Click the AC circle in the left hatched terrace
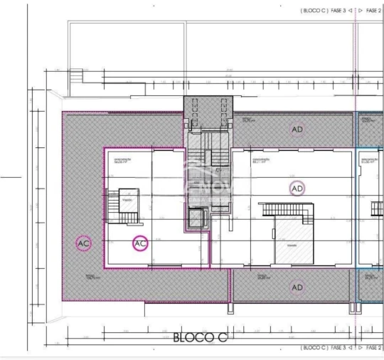tap(83, 243)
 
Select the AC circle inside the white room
tap(141, 243)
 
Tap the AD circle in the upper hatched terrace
tap(297, 129)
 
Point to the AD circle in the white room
tap(297, 188)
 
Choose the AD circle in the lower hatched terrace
tap(297, 287)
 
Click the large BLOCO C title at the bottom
tap(200, 337)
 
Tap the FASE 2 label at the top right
tap(375, 11)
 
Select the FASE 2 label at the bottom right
tap(375, 348)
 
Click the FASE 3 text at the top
tap(336, 11)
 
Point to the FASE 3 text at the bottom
tap(336, 348)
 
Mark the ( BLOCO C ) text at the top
tap(313, 11)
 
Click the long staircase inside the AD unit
tap(287, 209)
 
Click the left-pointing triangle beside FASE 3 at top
tap(351, 11)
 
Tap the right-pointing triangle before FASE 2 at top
tap(361, 11)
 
